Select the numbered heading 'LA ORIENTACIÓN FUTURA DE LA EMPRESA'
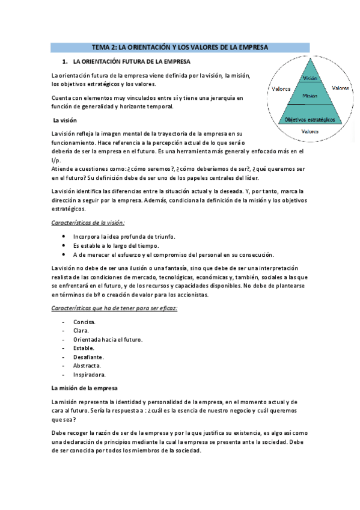coord(131,61)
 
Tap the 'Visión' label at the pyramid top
coord(310,78)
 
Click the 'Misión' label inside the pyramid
coord(310,96)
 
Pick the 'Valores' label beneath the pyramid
coord(310,131)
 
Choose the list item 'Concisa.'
coord(84,322)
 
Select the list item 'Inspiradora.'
coord(89,373)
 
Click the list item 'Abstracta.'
coord(87,365)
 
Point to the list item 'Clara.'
coord(81,330)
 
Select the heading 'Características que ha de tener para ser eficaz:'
coord(114,308)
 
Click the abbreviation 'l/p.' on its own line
coord(57,161)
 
